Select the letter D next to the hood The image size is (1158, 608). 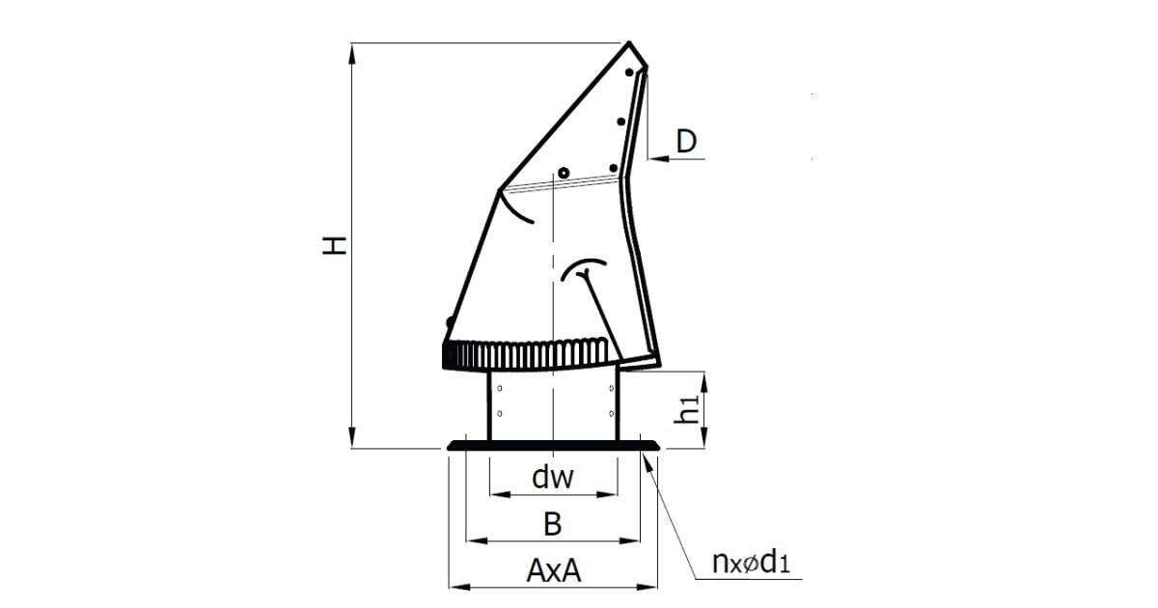point(686,142)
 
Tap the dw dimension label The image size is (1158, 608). point(553,478)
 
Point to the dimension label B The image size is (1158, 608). point(552,524)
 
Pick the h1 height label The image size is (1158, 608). point(687,410)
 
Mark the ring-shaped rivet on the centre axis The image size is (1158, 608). point(563,172)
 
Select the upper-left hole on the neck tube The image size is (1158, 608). point(499,387)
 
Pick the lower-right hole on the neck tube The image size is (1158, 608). point(612,414)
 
